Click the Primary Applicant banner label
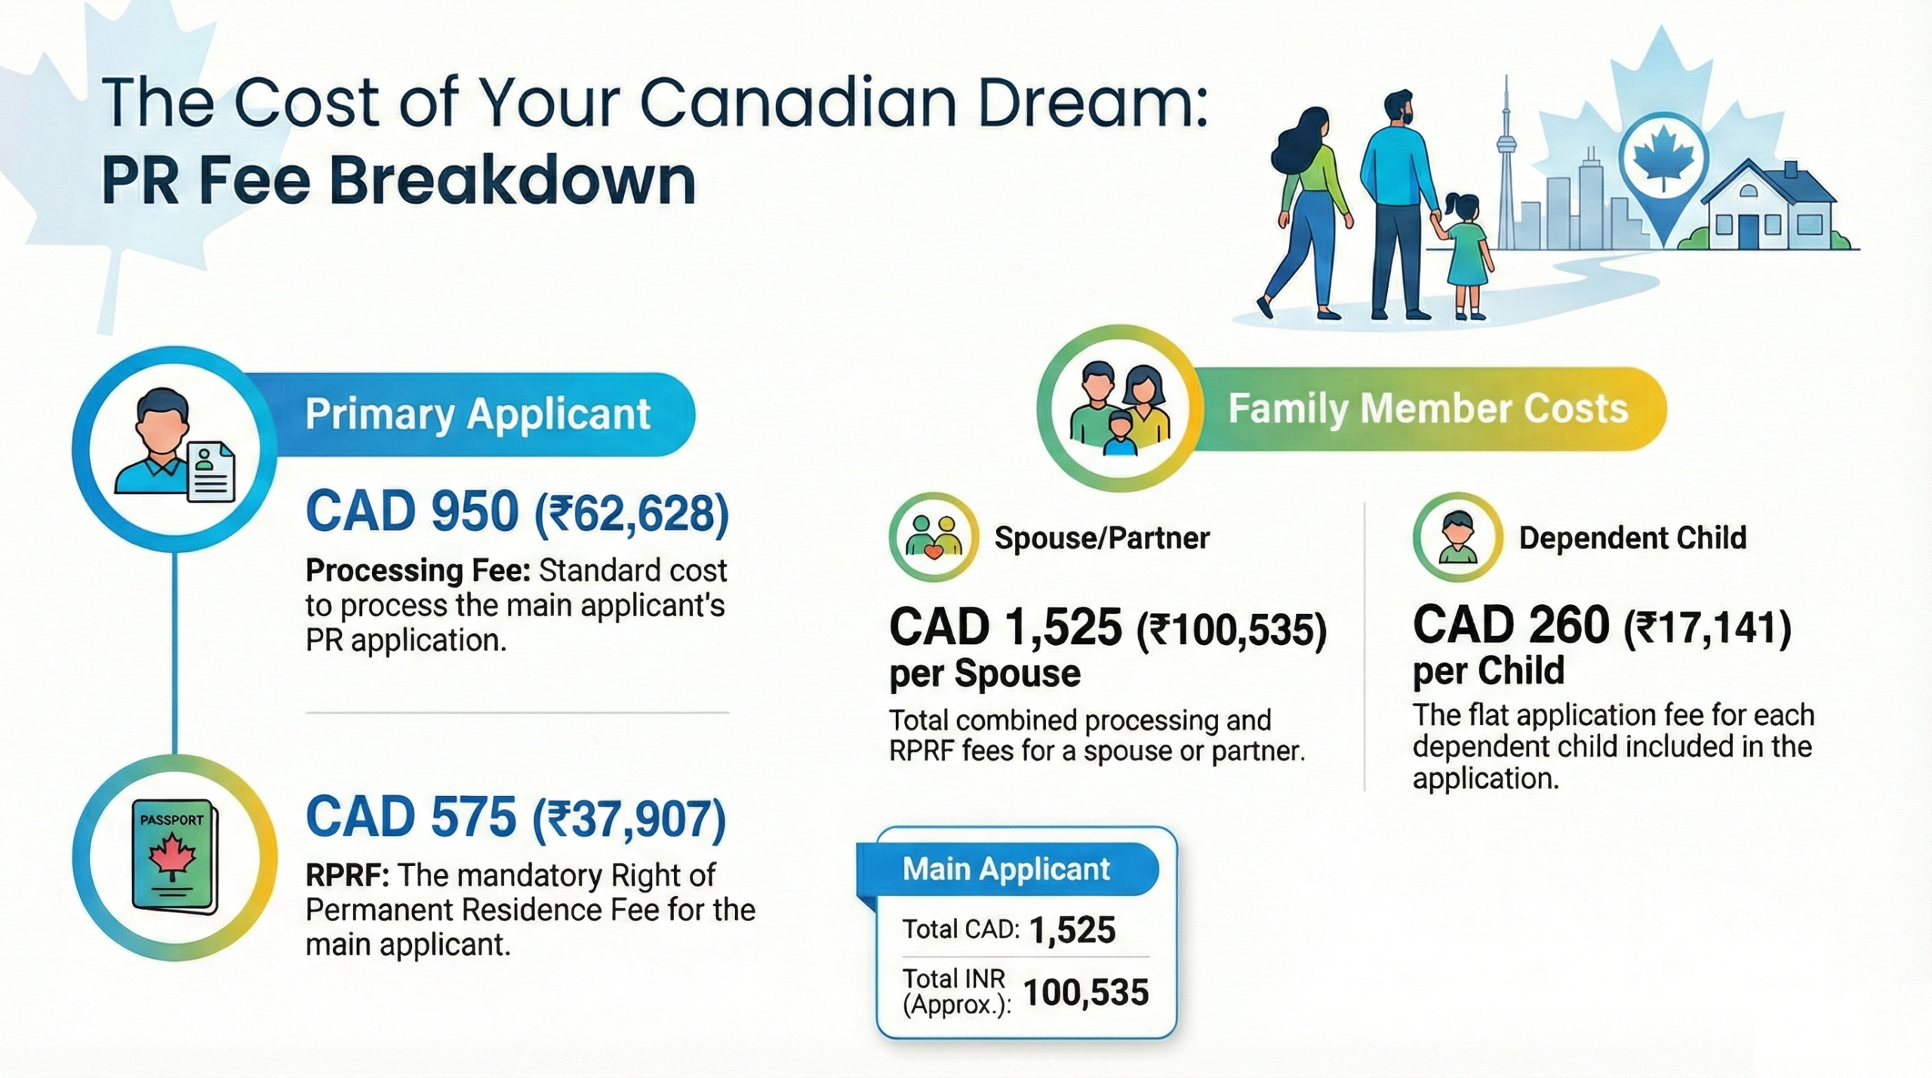point(477,414)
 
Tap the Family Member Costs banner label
point(1427,409)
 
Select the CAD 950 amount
point(412,511)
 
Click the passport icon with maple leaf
point(174,857)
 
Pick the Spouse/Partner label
point(1101,538)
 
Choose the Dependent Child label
point(1632,538)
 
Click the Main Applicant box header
point(1006,869)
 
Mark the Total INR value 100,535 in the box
point(1085,993)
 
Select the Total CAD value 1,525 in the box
point(1072,930)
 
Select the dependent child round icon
point(1457,536)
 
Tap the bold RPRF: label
point(346,876)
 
